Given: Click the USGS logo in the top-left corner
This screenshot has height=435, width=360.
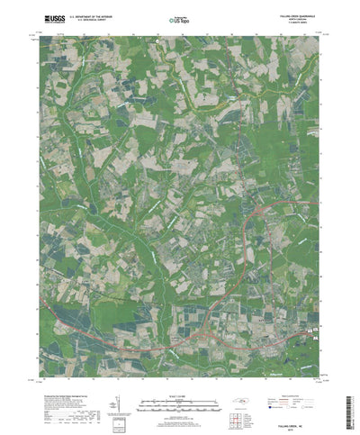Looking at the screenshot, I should pyautogui.click(x=51, y=17).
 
